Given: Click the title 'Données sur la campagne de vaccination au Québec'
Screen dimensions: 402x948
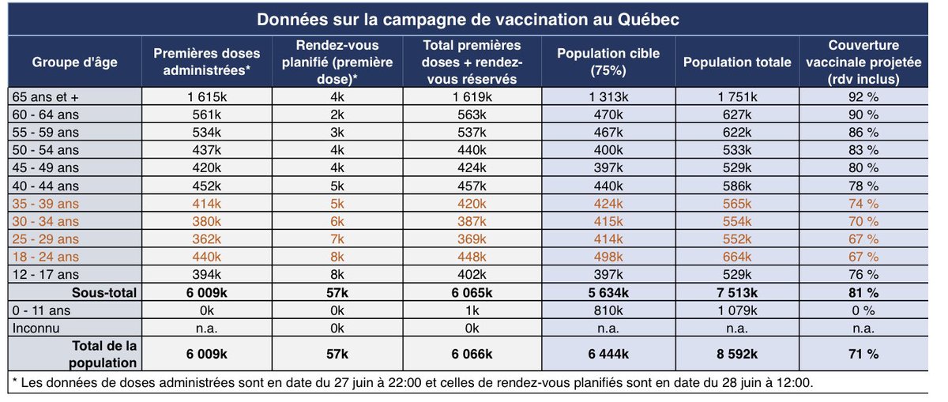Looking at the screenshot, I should click(473, 18).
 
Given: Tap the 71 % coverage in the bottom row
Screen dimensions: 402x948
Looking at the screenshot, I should click(863, 355).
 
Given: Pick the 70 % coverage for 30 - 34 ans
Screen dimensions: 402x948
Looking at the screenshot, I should click(863, 221).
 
